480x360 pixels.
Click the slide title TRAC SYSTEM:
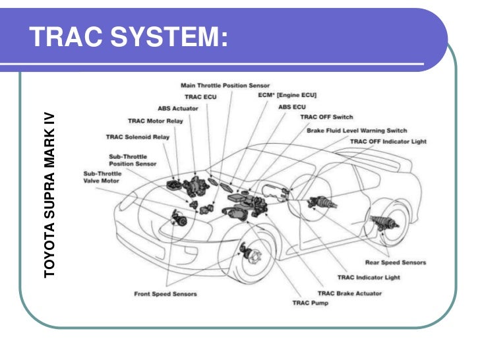point(129,38)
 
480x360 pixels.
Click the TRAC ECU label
point(200,96)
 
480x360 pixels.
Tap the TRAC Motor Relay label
point(156,121)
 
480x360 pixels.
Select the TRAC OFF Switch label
point(327,117)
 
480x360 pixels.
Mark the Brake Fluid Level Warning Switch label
point(357,131)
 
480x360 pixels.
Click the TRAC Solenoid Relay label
point(138,137)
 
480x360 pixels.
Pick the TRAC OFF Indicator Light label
point(388,141)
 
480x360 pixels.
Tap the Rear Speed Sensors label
point(396,262)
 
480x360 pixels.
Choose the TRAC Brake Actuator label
point(350,293)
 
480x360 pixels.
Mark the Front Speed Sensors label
point(165,293)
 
